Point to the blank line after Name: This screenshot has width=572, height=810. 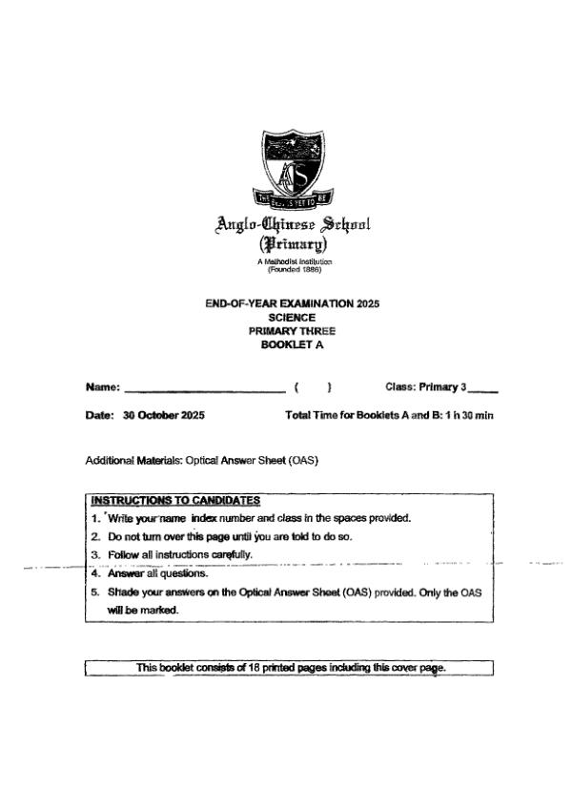tap(204, 388)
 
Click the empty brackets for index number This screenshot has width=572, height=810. tap(313, 388)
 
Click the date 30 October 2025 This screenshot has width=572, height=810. tap(164, 416)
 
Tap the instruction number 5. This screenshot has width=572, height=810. tap(95, 592)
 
